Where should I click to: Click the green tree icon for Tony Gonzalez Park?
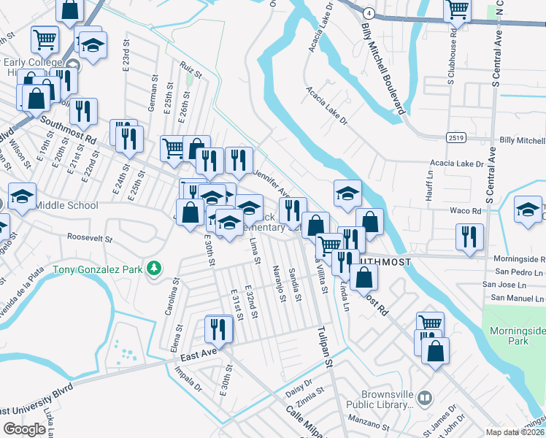pos(153,269)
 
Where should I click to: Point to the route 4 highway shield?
pos(371,13)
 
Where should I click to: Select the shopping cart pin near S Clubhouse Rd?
pos(457,11)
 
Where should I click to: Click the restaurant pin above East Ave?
pos(218,329)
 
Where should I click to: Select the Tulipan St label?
pos(324,347)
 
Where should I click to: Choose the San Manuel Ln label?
pos(518,298)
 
